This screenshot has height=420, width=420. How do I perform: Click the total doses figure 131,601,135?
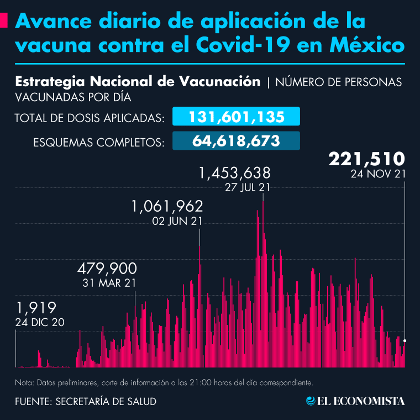pyautogui.click(x=237, y=117)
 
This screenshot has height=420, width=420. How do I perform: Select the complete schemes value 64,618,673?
pyautogui.click(x=237, y=141)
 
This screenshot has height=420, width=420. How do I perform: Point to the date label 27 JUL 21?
pyautogui.click(x=248, y=188)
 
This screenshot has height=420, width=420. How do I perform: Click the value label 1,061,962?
pyautogui.click(x=167, y=207)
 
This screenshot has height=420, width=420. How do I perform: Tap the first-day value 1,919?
pyautogui.click(x=36, y=307)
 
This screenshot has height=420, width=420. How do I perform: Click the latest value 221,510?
pyautogui.click(x=367, y=159)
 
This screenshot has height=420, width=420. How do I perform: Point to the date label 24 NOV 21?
pyautogui.click(x=379, y=174)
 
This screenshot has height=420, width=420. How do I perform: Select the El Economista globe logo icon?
pyautogui.click(x=311, y=401)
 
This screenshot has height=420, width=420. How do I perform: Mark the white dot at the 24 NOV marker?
pyautogui.click(x=405, y=340)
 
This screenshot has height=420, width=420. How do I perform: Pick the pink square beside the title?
pyautogui.click(x=4, y=21)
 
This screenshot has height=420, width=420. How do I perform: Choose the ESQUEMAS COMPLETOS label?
pyautogui.click(x=98, y=142)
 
